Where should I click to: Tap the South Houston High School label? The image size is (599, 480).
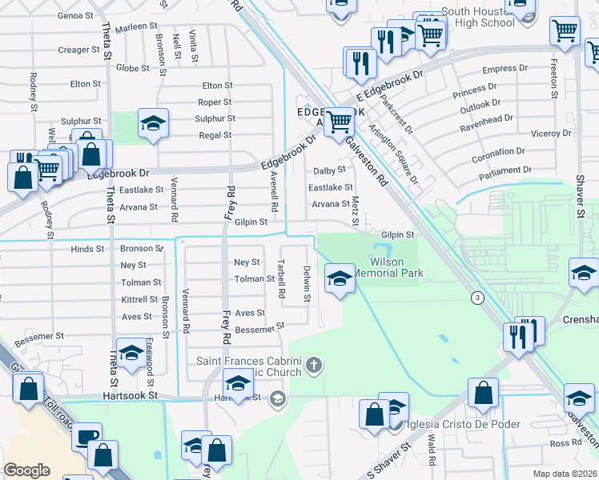pos(477,17)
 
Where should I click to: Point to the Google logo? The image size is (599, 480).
pos(27,470)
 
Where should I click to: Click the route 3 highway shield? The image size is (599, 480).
pos(477,298)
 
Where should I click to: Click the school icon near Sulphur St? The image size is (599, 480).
pos(153,123)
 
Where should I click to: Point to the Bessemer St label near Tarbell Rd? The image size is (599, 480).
pos(259,327)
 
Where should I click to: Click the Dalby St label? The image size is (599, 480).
pos(329,170)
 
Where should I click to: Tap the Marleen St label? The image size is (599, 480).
pos(137,26)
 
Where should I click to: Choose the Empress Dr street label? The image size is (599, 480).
pos(496,69)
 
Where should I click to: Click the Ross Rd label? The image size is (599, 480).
pos(565,442)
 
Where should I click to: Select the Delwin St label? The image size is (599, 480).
pos(306,284)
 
